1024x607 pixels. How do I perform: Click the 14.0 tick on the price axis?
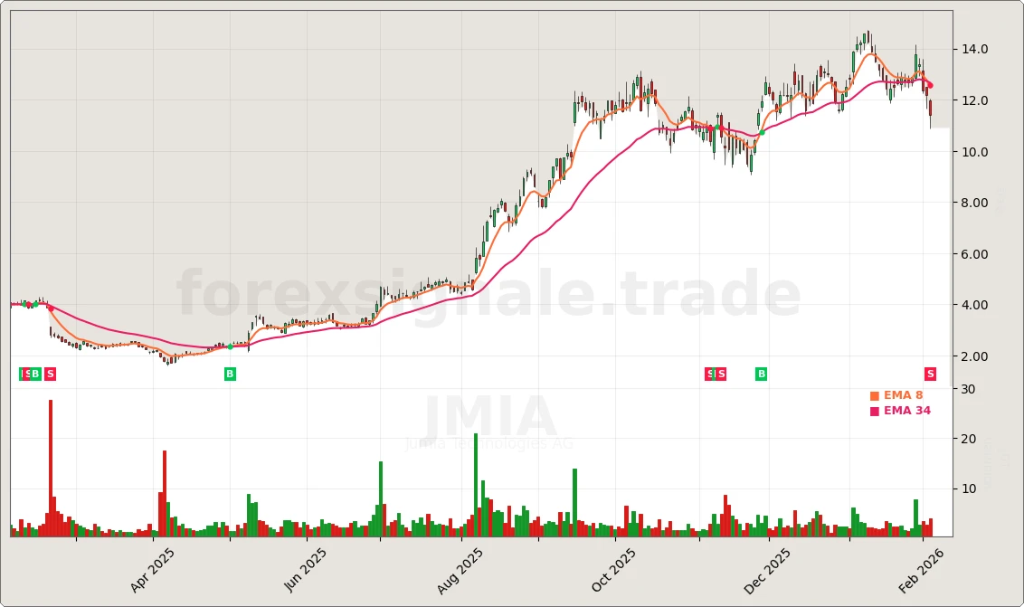point(975,49)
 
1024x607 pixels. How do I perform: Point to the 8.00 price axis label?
point(975,203)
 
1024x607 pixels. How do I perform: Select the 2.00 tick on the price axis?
point(975,356)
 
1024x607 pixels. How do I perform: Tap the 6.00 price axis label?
point(975,254)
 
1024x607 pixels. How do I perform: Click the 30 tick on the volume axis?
point(968,389)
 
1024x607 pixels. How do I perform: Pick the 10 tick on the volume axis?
point(968,488)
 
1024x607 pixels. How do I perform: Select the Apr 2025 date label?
point(152,570)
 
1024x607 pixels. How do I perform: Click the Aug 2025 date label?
point(460,571)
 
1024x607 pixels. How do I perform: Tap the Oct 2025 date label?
point(614,571)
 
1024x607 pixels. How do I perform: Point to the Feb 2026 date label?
point(922,570)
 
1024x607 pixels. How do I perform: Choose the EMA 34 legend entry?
point(900,411)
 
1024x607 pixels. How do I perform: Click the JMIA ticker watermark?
point(489,417)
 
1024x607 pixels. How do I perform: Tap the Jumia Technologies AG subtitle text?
point(489,443)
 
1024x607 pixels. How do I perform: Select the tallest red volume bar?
point(51,469)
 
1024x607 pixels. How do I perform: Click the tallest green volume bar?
point(476,485)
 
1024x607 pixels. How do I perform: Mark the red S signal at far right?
point(930,374)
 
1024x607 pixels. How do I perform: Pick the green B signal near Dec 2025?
point(762,374)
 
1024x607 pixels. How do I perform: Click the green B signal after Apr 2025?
point(230,374)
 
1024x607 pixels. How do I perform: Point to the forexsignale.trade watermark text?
point(488,296)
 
